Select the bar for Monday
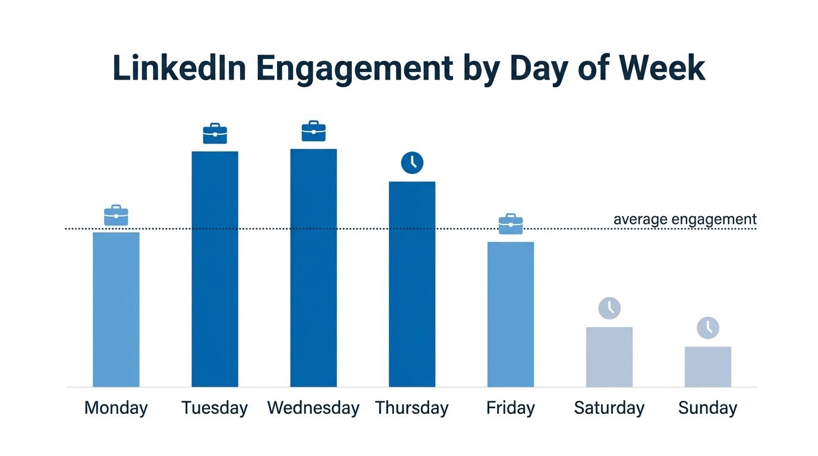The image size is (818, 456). click(116, 309)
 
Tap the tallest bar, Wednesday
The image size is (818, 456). click(313, 268)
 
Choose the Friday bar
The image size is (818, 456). click(511, 314)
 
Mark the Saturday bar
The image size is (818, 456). click(609, 357)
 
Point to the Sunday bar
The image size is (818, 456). click(707, 366)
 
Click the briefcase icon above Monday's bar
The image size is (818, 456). click(116, 216)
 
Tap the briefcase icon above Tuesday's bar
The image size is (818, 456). click(215, 134)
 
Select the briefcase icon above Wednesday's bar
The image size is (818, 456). click(313, 131)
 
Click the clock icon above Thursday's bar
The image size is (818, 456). click(412, 163)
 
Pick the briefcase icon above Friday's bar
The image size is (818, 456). click(511, 224)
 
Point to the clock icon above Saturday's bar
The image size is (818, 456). click(609, 308)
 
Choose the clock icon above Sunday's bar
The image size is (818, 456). click(707, 328)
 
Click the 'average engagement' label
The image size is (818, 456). click(685, 220)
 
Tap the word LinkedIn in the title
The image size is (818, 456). click(179, 68)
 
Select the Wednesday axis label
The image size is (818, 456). click(313, 408)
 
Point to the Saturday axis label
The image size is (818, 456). click(609, 408)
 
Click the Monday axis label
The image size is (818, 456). click(116, 408)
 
